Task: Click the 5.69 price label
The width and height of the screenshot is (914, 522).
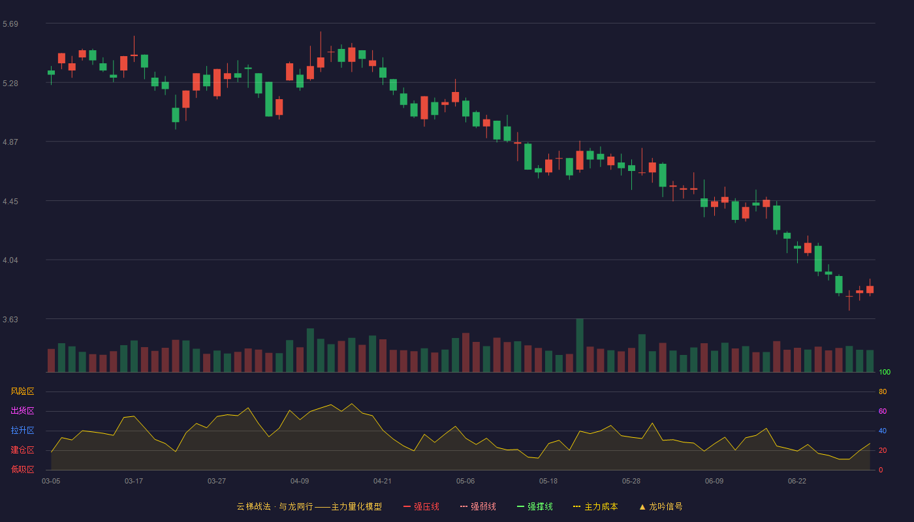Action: (10, 24)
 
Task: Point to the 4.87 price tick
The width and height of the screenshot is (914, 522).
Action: (10, 142)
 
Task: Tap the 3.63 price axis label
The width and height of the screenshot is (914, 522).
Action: (10, 319)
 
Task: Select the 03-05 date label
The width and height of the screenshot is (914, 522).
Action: (51, 482)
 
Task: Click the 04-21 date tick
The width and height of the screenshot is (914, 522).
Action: (383, 482)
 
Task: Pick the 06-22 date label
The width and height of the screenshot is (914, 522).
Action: (797, 482)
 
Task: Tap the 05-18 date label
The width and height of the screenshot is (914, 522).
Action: (548, 482)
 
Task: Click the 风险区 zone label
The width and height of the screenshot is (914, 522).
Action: (22, 391)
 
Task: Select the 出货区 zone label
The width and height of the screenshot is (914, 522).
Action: (22, 410)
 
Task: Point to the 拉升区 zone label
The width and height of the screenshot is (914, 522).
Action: (22, 430)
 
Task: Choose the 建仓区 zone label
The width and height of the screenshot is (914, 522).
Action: (22, 450)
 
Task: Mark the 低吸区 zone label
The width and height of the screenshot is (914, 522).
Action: (22, 469)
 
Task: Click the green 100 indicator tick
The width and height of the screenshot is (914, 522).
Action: (885, 372)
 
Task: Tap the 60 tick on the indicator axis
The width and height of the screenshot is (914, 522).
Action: (883, 411)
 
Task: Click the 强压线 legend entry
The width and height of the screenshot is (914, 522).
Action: (421, 506)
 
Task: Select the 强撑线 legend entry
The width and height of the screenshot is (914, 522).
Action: (535, 506)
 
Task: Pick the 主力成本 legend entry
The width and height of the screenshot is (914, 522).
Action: (595, 506)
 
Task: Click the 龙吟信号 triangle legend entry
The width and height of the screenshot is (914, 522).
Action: (661, 506)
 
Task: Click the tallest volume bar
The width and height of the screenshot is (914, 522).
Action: (580, 345)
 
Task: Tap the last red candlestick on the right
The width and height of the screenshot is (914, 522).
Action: (870, 289)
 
